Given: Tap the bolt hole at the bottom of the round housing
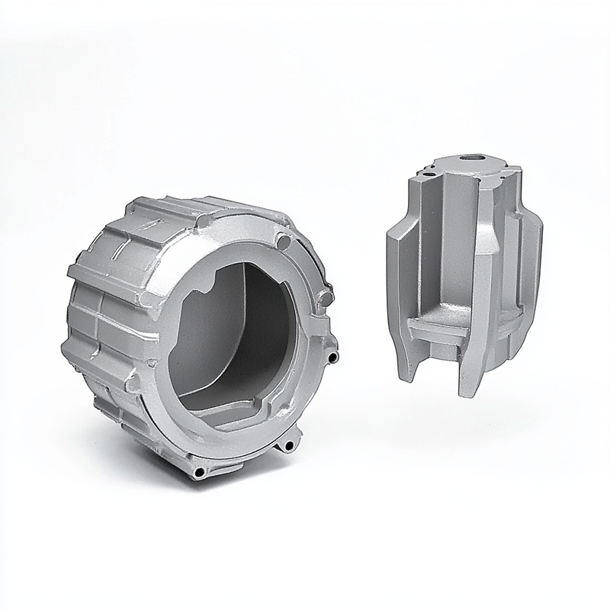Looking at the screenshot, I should point(200,473).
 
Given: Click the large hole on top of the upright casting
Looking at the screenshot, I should point(467,159).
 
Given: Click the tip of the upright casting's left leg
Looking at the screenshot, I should point(407,374).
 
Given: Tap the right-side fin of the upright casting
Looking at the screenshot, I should point(534,259).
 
